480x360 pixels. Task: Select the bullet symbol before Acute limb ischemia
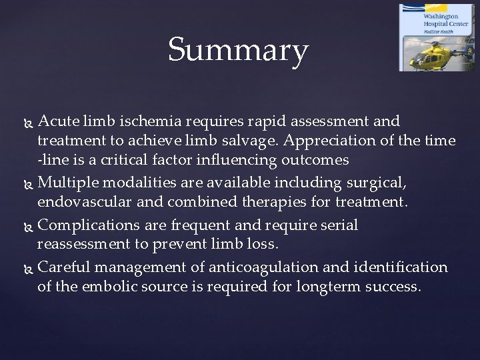click(28, 122)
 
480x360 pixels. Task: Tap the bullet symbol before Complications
click(28, 226)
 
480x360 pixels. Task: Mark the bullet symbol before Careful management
click(28, 267)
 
